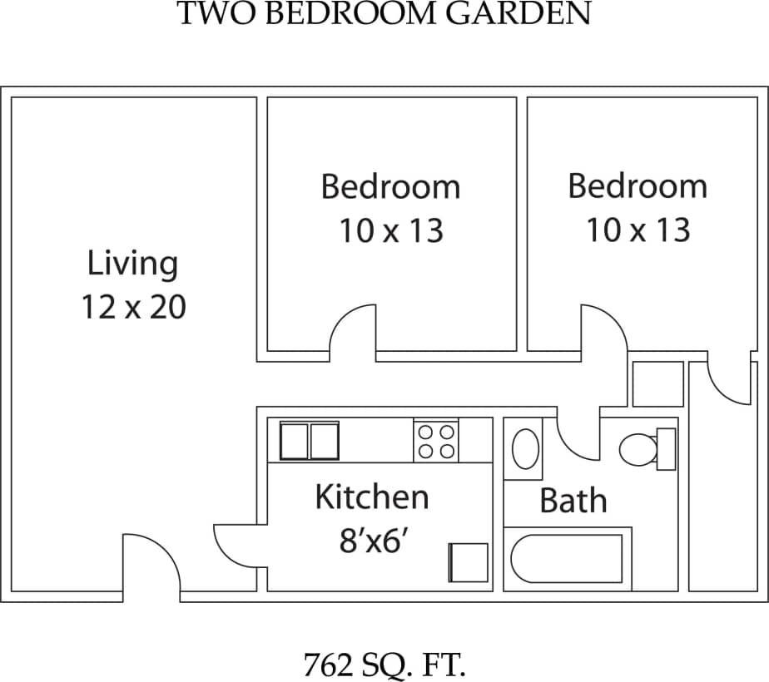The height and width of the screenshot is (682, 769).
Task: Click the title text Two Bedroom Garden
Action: point(384,14)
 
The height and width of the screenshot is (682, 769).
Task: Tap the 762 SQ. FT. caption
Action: point(384,665)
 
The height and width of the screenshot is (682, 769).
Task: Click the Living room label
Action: point(133,264)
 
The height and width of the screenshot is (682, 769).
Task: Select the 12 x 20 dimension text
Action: point(133,308)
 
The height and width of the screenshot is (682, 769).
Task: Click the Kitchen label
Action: point(372,497)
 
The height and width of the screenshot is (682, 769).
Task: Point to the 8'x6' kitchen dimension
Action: point(372,541)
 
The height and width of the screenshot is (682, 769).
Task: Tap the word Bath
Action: point(573,502)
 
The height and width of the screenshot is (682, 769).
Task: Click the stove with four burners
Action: point(435,442)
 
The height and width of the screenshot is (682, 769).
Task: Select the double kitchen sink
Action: point(309,441)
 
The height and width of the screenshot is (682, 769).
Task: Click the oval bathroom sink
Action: point(524,449)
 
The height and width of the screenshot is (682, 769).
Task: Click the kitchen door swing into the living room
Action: point(239,546)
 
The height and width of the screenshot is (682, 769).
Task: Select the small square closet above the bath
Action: point(657,384)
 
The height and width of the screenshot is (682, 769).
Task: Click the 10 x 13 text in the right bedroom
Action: point(638,230)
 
